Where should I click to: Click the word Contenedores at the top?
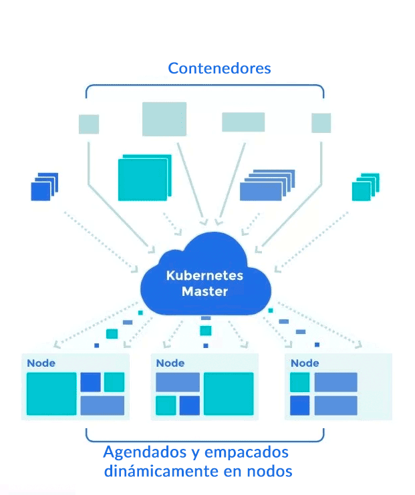(219, 68)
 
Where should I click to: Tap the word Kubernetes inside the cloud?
(204, 275)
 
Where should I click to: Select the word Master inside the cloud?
(205, 291)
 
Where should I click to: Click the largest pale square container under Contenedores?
(164, 119)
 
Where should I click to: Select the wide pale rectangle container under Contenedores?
(243, 122)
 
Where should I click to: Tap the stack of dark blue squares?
(43, 189)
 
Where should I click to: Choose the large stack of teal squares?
(142, 179)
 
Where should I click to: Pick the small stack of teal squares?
(364, 189)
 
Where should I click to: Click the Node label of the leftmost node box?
(41, 363)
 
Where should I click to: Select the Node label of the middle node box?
(170, 363)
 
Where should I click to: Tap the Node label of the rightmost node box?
(305, 363)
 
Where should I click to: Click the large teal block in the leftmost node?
(51, 394)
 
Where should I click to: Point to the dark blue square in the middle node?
(190, 405)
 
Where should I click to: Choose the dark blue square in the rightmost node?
(300, 405)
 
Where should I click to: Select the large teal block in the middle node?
(229, 394)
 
